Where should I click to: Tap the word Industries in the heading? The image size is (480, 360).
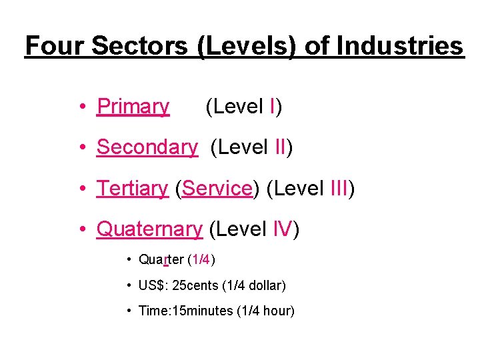click(x=399, y=46)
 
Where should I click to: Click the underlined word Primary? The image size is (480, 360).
click(x=133, y=107)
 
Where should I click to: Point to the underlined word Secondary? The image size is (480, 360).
click(x=147, y=147)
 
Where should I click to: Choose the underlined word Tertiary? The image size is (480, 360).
click(x=132, y=189)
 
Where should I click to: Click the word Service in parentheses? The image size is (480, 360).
click(x=217, y=189)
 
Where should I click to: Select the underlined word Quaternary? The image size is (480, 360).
click(x=149, y=229)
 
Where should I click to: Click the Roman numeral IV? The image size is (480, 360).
click(x=283, y=229)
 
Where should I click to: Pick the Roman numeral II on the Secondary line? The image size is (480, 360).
click(x=280, y=147)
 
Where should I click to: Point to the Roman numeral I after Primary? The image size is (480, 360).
click(x=273, y=107)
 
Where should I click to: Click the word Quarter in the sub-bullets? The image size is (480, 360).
click(x=161, y=259)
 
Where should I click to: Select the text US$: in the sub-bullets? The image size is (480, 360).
click(x=153, y=285)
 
